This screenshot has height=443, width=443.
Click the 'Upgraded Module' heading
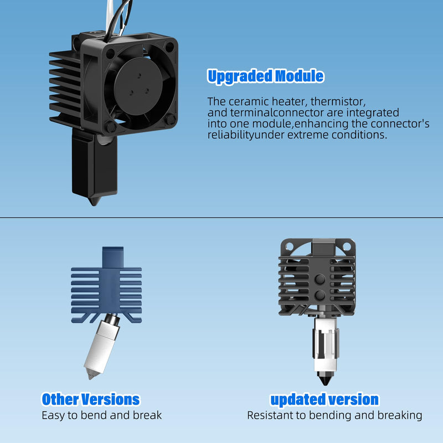[x=266, y=76]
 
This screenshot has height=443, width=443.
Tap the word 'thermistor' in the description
[x=338, y=101]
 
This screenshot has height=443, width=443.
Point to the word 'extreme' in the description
[x=308, y=135]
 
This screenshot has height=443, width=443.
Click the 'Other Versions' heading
[x=91, y=399]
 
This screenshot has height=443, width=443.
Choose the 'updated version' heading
[x=324, y=399]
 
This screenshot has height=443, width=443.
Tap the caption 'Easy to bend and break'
[x=102, y=415]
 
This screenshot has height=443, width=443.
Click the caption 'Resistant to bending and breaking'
[x=334, y=416]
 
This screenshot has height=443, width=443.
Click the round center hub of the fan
[x=138, y=86]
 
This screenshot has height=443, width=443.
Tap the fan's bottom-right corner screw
[x=171, y=120]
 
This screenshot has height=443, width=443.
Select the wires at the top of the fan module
[x=117, y=18]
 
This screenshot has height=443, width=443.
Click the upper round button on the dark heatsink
[x=320, y=279]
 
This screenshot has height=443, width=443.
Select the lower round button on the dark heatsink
[x=320, y=296]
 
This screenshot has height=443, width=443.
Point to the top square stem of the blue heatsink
[x=113, y=257]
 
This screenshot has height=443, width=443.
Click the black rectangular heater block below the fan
[x=94, y=164]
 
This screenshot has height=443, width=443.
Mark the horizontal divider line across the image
[x=221, y=218]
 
